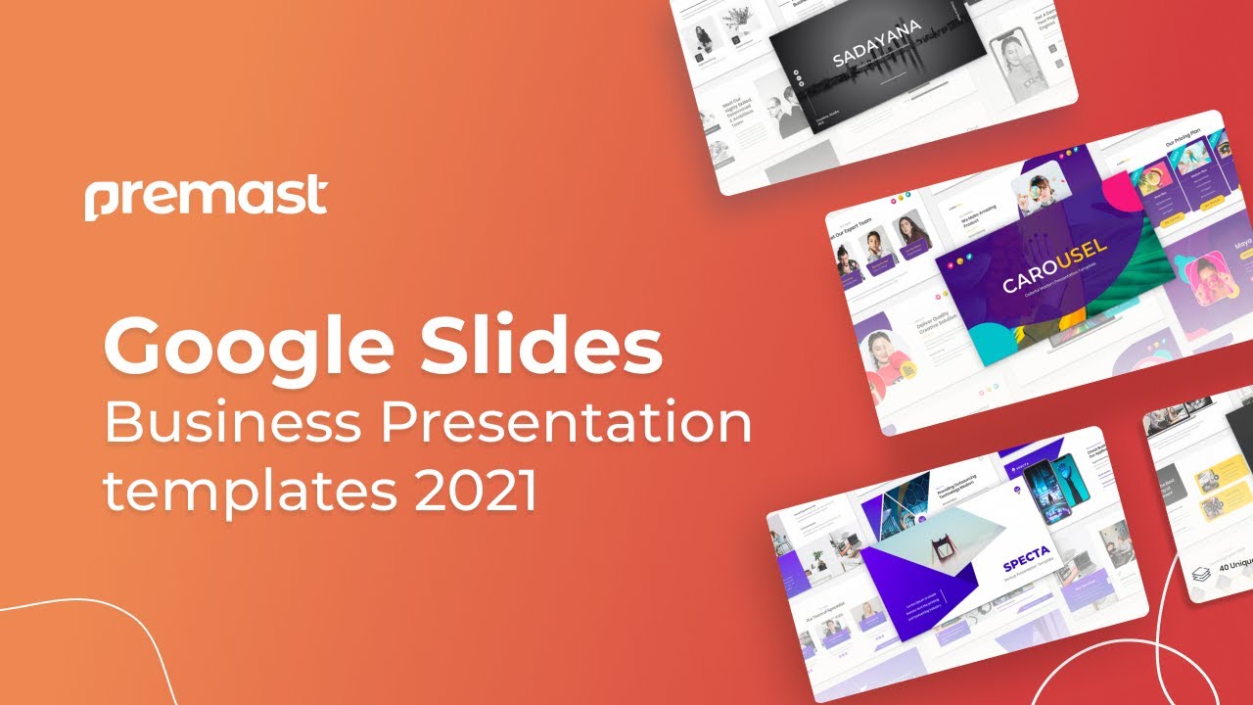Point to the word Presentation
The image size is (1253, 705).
point(567,423)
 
